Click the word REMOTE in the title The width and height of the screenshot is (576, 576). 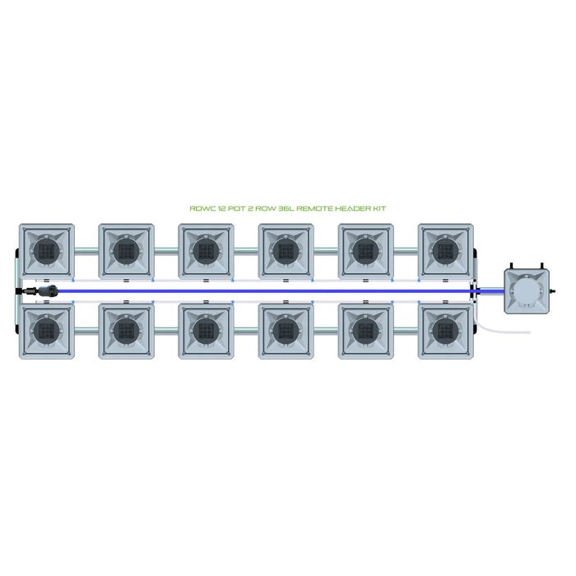pyautogui.click(x=314, y=209)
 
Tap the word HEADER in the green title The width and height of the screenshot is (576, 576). pyautogui.click(x=353, y=209)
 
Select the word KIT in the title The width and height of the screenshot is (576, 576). pyautogui.click(x=379, y=209)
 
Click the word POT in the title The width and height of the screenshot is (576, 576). pyautogui.click(x=237, y=209)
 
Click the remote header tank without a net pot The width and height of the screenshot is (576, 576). pyautogui.click(x=527, y=291)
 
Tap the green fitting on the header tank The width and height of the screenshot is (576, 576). pyautogui.click(x=552, y=291)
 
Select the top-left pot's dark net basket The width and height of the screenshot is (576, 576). pyautogui.click(x=47, y=251)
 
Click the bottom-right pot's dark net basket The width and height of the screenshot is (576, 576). pyautogui.click(x=446, y=332)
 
